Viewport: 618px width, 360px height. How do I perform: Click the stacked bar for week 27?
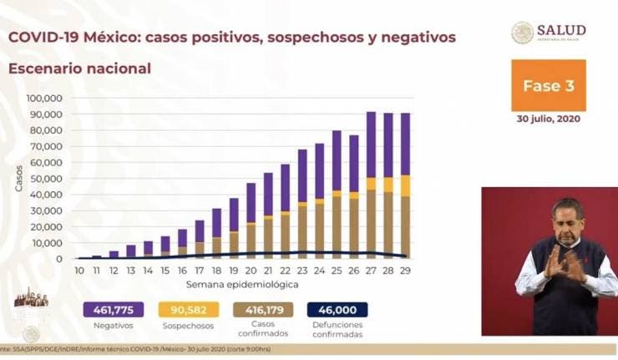(x=371, y=184)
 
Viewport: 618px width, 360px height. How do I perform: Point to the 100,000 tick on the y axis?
(x=46, y=98)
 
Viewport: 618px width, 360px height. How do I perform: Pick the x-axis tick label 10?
(x=79, y=271)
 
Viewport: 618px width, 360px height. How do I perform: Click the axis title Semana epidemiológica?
(x=242, y=286)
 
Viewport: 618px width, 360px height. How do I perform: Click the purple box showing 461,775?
(x=109, y=310)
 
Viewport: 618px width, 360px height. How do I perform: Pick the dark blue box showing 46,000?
(x=338, y=310)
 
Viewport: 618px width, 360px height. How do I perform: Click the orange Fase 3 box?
(x=548, y=85)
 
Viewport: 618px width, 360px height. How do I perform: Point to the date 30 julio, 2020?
(x=548, y=119)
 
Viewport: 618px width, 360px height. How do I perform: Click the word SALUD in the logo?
(x=561, y=30)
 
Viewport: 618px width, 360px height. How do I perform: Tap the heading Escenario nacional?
(x=80, y=68)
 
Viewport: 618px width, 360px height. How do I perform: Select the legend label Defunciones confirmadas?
(x=337, y=331)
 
